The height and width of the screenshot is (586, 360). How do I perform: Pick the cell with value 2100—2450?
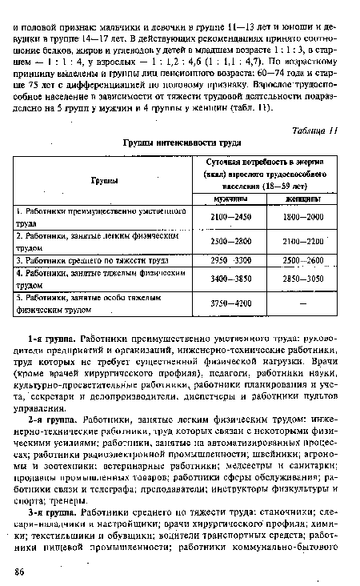[x=230, y=217]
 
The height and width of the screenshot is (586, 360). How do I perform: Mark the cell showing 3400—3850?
[x=230, y=279]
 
